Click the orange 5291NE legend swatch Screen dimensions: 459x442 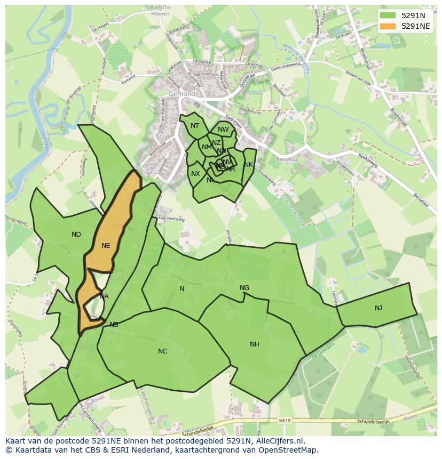(388, 26)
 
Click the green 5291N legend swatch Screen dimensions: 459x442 (388, 16)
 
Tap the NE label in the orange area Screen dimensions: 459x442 (106, 246)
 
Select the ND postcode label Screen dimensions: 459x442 (76, 235)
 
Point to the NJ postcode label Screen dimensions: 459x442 (378, 308)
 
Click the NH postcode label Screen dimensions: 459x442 (255, 344)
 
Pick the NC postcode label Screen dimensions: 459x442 (163, 351)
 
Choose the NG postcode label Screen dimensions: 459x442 (244, 288)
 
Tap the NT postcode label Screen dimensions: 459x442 (195, 126)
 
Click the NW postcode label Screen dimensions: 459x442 (223, 130)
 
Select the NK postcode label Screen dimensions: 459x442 (248, 165)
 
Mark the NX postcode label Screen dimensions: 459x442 (196, 174)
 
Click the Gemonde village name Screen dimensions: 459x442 (184, 94)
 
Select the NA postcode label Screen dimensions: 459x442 (104, 296)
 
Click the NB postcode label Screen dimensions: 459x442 (114, 325)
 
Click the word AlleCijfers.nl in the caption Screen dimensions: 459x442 (279, 441)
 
